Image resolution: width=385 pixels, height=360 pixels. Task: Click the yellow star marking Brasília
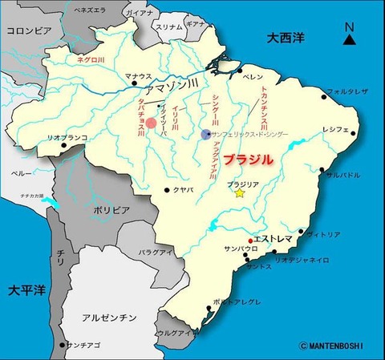point(239,193)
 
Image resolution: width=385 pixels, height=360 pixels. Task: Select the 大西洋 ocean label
point(288,37)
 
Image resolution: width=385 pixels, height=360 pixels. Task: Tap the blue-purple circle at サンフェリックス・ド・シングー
point(207,134)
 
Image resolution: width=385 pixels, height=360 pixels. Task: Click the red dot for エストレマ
point(250,240)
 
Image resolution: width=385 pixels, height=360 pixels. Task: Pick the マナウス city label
point(139,76)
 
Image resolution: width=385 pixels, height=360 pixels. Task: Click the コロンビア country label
point(29,30)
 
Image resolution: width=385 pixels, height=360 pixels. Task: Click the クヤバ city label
point(183,190)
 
